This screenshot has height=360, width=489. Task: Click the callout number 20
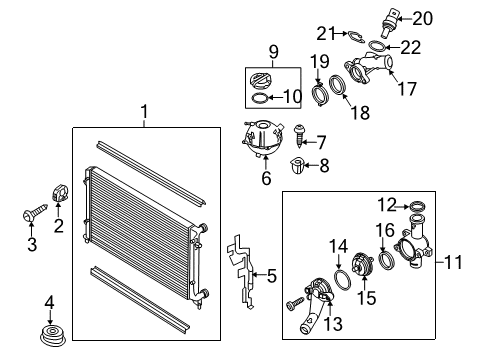[x=423, y=18]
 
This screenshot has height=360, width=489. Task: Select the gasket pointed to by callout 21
[x=356, y=36]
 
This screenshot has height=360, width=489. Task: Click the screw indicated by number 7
[x=299, y=136]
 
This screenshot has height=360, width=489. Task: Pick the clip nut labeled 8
[x=296, y=166]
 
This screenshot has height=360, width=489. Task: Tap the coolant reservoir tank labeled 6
[x=263, y=138]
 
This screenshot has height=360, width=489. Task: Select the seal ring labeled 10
[x=259, y=98]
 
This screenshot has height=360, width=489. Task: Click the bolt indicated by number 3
[x=35, y=212]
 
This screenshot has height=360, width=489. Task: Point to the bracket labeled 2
[x=60, y=193]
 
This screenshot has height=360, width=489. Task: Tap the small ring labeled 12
[x=417, y=207]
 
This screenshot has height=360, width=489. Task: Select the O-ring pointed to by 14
[x=342, y=280]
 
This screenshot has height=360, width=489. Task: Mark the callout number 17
[x=407, y=89]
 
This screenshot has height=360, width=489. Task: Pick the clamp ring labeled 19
[x=320, y=95]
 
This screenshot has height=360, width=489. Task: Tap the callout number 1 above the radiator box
[x=144, y=112]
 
